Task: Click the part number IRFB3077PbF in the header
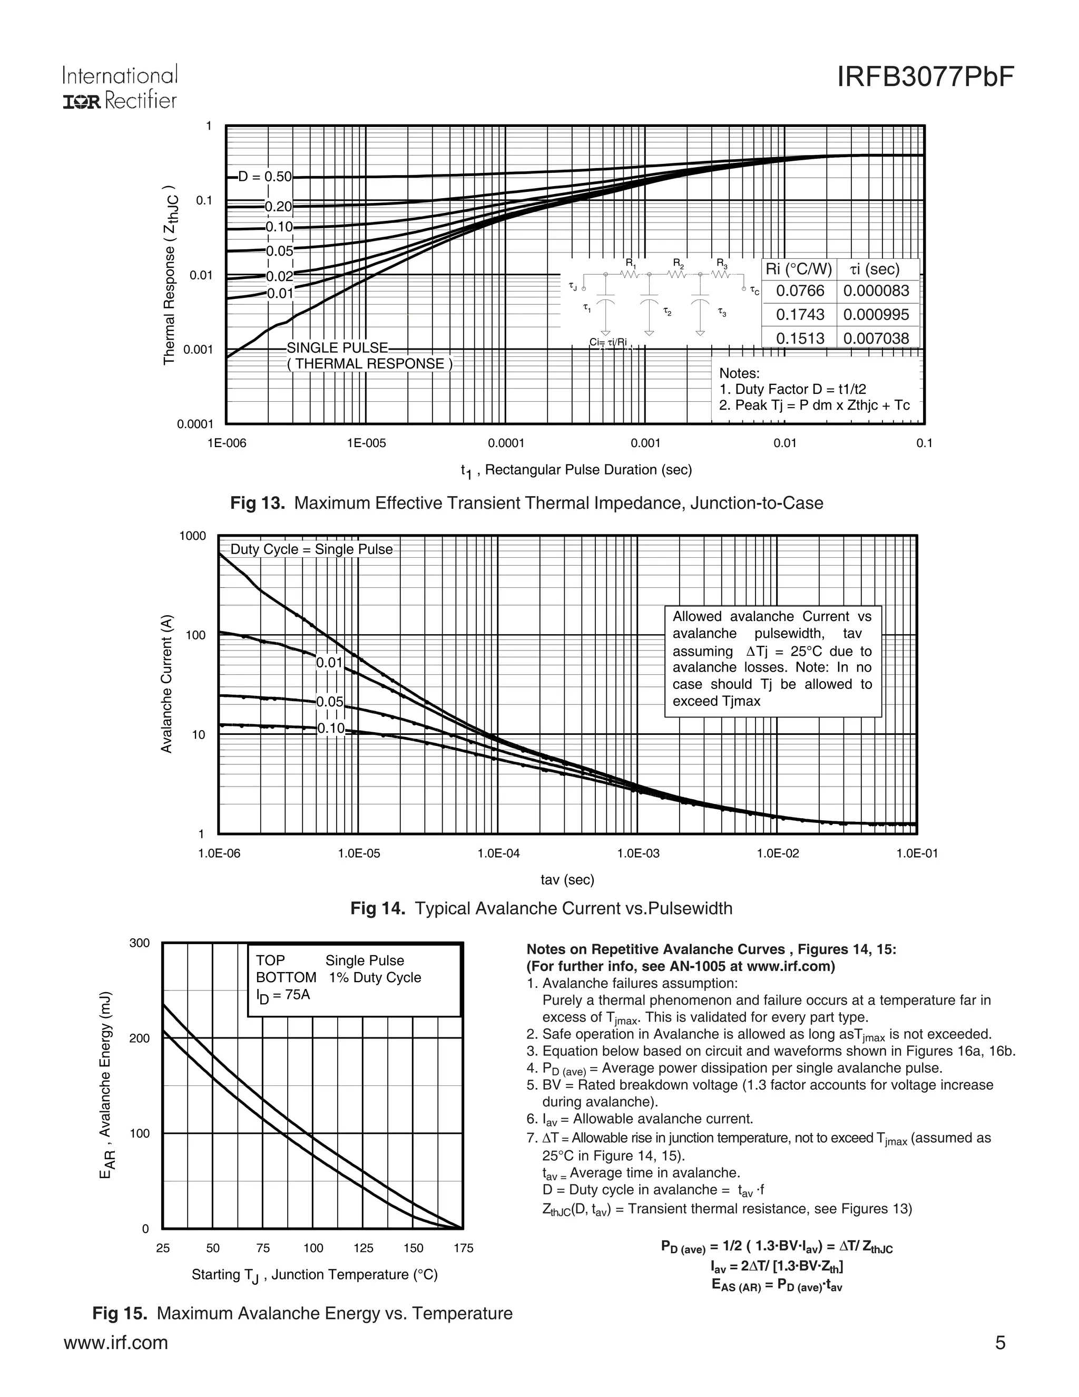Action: click(x=925, y=77)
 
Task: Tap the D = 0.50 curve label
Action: click(x=264, y=177)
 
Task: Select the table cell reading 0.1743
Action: click(x=800, y=315)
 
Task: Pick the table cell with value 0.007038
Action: click(x=876, y=338)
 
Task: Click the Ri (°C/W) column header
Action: click(x=798, y=269)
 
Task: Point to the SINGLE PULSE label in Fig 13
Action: click(x=337, y=348)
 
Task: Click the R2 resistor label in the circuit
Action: click(x=678, y=263)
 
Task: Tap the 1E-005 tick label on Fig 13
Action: click(x=366, y=443)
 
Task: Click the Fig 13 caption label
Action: click(x=257, y=503)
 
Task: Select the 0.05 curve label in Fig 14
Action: click(x=330, y=702)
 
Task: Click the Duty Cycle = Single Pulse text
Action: click(x=311, y=549)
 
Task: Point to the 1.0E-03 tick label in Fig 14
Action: click(x=638, y=853)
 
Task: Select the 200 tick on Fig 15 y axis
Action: click(x=139, y=1038)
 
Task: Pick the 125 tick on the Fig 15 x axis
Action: click(x=363, y=1248)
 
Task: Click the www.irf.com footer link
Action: click(x=116, y=1343)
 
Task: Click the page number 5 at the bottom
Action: click(x=1000, y=1343)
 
